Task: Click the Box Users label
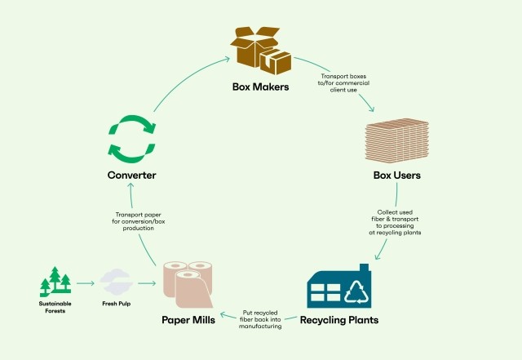396,174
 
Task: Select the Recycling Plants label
338,319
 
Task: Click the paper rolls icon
188,285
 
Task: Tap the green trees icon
55,282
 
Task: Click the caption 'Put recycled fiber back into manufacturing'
262,318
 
